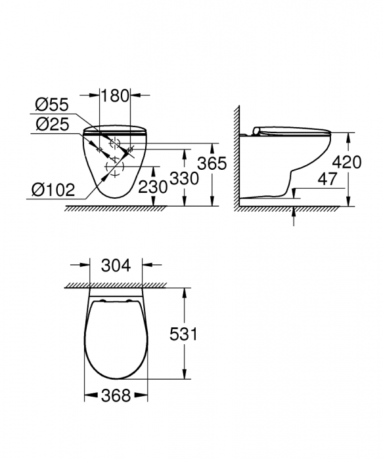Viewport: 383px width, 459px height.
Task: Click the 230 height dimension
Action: pos(154,187)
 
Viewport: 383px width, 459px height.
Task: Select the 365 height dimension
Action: pos(214,163)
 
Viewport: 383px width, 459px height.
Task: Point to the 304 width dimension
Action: pos(116,266)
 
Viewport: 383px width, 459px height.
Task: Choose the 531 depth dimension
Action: pos(183,335)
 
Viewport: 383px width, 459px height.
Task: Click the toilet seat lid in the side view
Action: pos(292,129)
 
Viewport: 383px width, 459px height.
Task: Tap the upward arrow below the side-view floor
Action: pos(294,214)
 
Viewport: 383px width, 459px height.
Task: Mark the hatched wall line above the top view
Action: pos(116,284)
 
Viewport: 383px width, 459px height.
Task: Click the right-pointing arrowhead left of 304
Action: pos(85,266)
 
